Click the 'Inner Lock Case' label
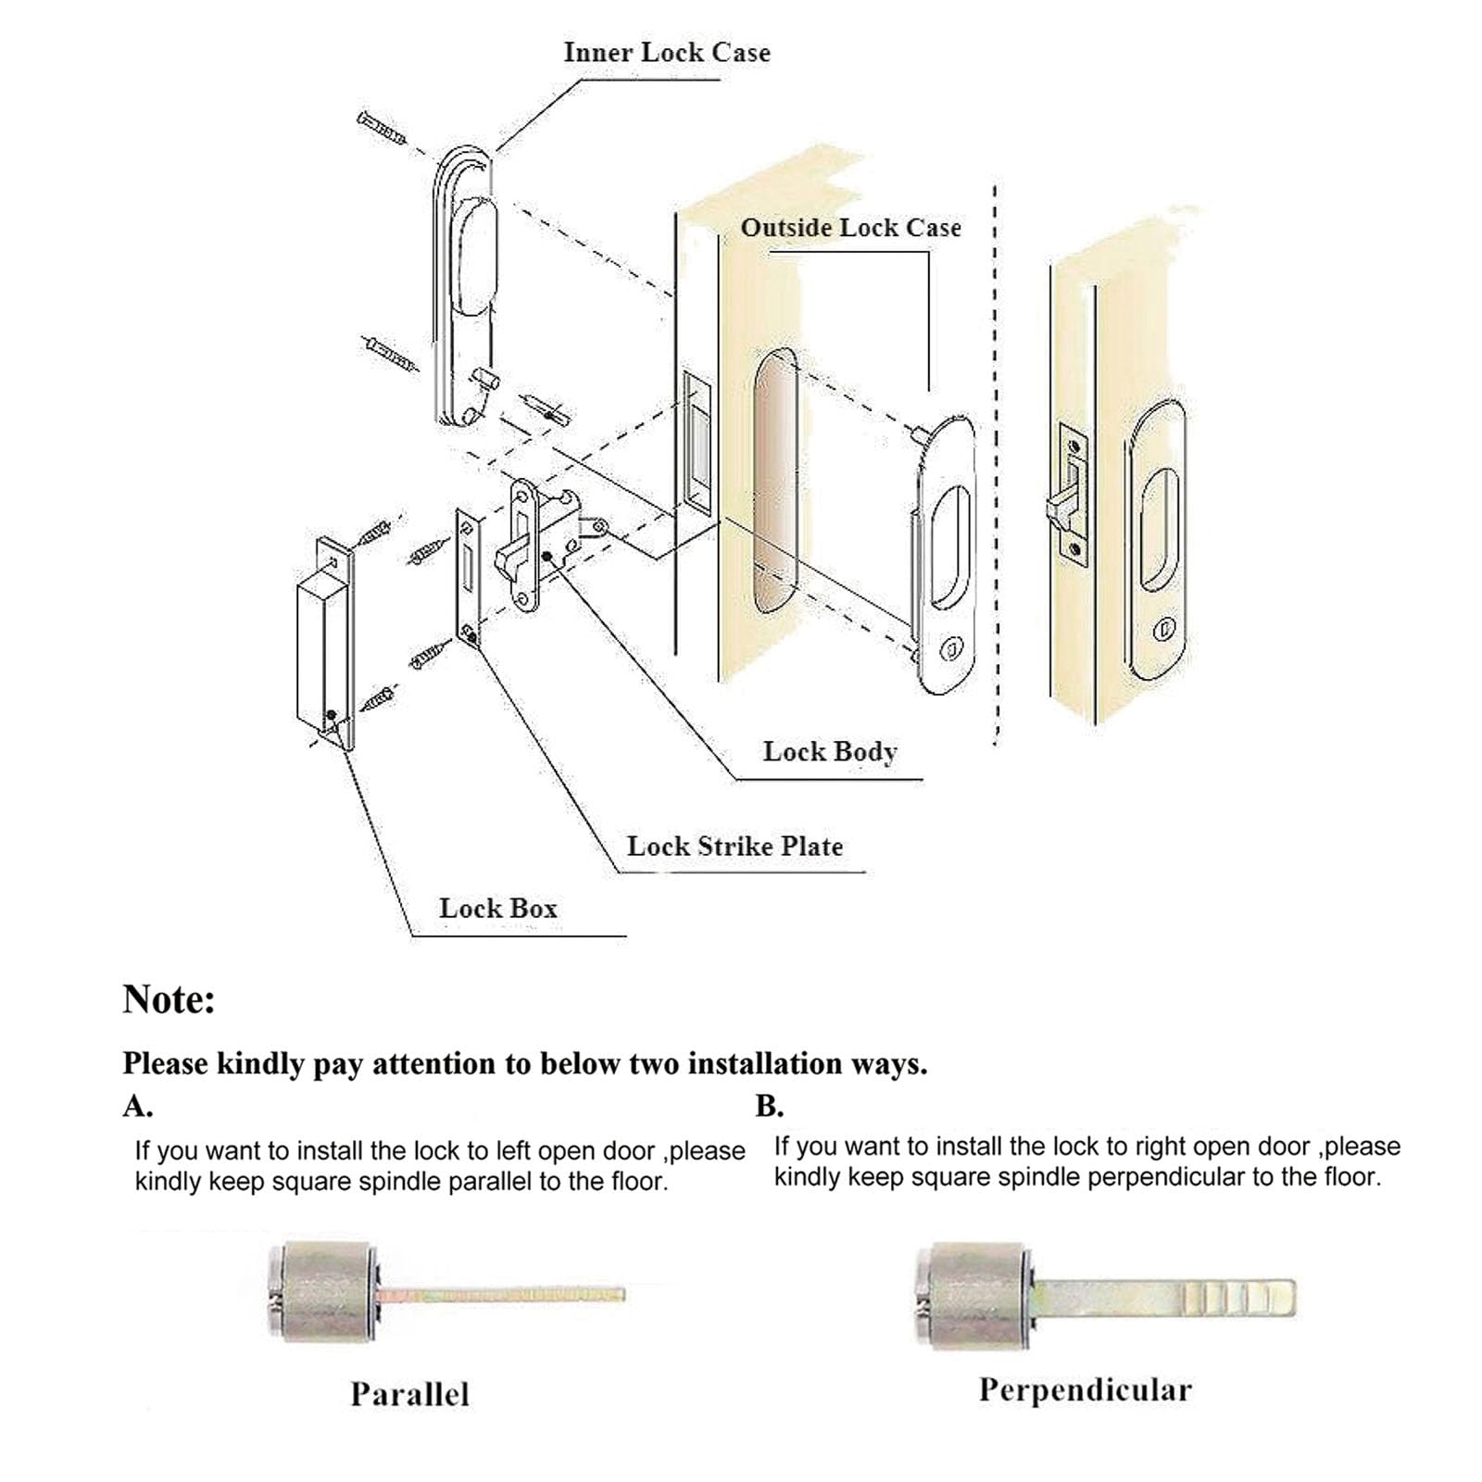point(667,53)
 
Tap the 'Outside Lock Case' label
point(850,228)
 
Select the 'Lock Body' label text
point(830,751)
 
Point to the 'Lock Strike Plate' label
point(735,846)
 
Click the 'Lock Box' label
point(498,909)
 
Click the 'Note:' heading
point(169,999)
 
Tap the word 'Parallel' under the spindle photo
point(409,1394)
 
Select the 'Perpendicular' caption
point(1085,1389)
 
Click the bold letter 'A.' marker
point(137,1107)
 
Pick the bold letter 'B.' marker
point(769,1107)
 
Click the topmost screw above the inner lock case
point(381,129)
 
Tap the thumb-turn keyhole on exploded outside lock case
point(950,649)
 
